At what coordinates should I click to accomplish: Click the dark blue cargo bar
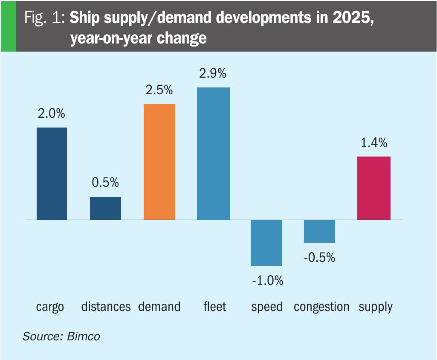pos(52,174)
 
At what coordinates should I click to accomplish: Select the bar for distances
pos(105,208)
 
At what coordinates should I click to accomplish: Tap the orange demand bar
pos(159,162)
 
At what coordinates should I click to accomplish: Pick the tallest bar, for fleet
pos(213,154)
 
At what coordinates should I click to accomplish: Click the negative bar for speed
pos(266,243)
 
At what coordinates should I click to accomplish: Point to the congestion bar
pos(319,231)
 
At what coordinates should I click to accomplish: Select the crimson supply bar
pos(374,188)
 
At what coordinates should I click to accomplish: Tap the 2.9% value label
pos(213,73)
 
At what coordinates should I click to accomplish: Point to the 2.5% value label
pos(159,90)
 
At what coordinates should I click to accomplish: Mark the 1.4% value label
pos(374,143)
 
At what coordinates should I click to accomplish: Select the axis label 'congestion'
pos(321,307)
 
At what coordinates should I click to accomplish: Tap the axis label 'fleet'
pos(215,307)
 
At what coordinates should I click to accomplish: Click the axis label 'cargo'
pos(50,307)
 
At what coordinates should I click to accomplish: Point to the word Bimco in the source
pos(84,336)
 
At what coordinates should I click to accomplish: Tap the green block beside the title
pos(8,26)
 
